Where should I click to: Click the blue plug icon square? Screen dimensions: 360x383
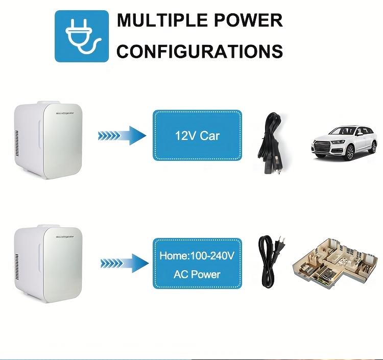(82, 36)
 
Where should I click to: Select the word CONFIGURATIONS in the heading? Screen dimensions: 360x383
(200, 51)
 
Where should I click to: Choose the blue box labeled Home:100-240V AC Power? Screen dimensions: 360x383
(197, 263)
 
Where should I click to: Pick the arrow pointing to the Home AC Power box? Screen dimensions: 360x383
(123, 263)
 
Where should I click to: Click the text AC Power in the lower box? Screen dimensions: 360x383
(197, 274)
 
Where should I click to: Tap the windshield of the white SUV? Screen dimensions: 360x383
(340, 131)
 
